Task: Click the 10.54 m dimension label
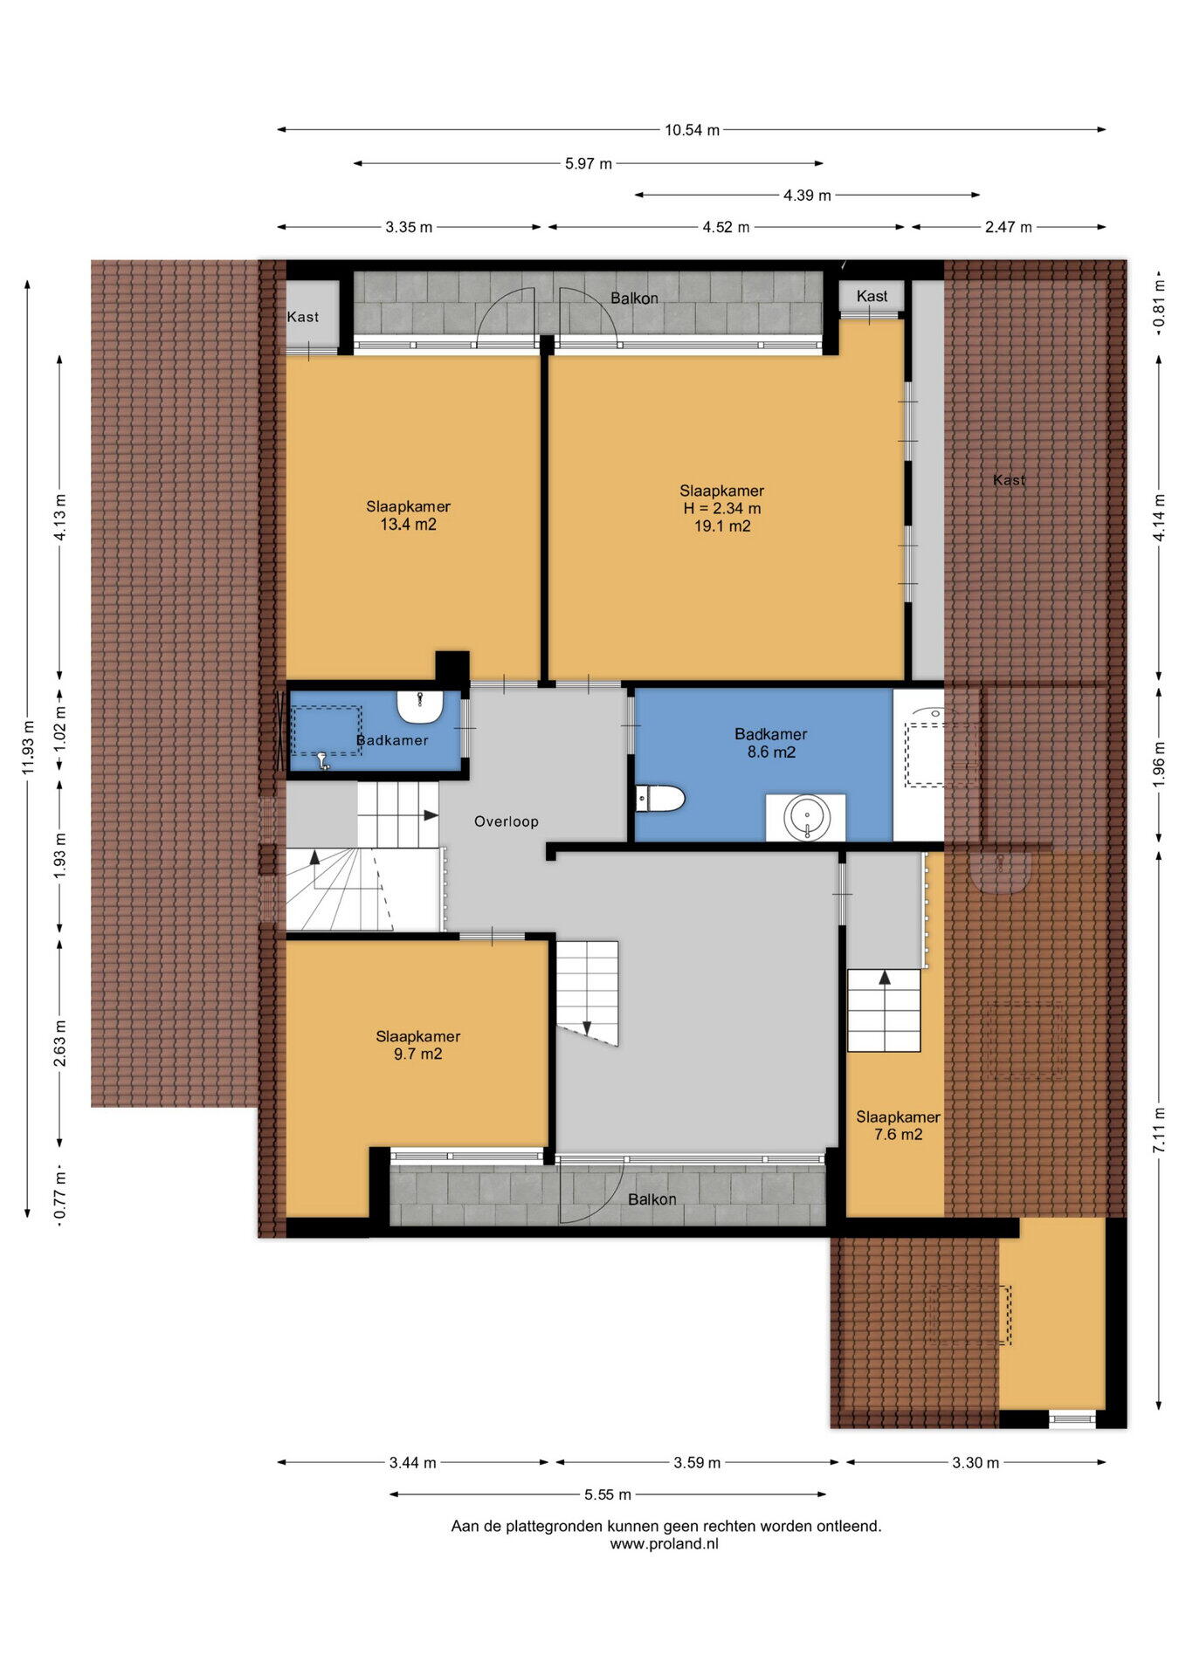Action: coord(692,130)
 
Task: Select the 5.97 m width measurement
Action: coord(589,163)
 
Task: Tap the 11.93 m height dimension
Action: coord(28,748)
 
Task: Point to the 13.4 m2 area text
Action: coord(408,525)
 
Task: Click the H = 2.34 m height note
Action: coord(721,508)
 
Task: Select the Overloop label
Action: coord(507,821)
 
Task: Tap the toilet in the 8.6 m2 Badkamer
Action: coord(659,798)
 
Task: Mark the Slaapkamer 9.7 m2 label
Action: coord(417,1045)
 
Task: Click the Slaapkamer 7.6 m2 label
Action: coord(898,1125)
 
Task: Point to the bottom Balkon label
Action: coord(652,1199)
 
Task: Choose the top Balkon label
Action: coord(634,299)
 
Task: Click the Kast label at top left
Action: coord(303,317)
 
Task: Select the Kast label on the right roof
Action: coord(1010,480)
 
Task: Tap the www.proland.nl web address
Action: coord(665,1543)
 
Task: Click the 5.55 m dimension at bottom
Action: coord(608,1494)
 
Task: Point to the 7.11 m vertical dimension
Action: coord(1159,1130)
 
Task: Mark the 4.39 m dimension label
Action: coord(807,196)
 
